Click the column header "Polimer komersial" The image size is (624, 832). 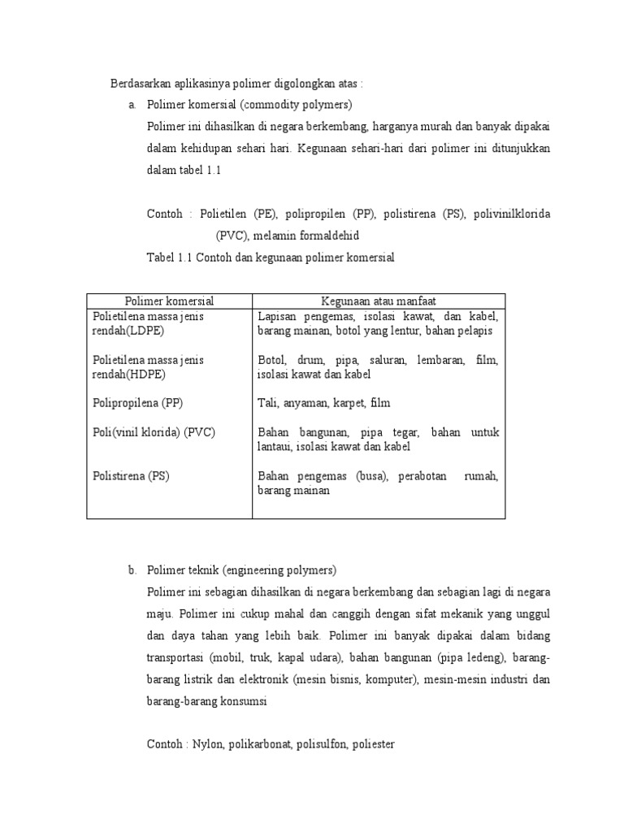(x=169, y=301)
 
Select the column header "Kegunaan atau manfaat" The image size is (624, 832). (x=379, y=301)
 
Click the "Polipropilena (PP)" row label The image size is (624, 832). (x=138, y=402)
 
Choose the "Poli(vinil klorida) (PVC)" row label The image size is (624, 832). (x=154, y=431)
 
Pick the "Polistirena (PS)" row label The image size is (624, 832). (x=131, y=475)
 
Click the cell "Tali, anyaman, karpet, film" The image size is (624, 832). (x=323, y=402)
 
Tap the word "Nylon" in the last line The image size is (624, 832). (x=210, y=743)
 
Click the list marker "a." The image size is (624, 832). (x=132, y=105)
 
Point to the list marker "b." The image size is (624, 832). (x=132, y=570)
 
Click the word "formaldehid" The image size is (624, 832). (x=324, y=236)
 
